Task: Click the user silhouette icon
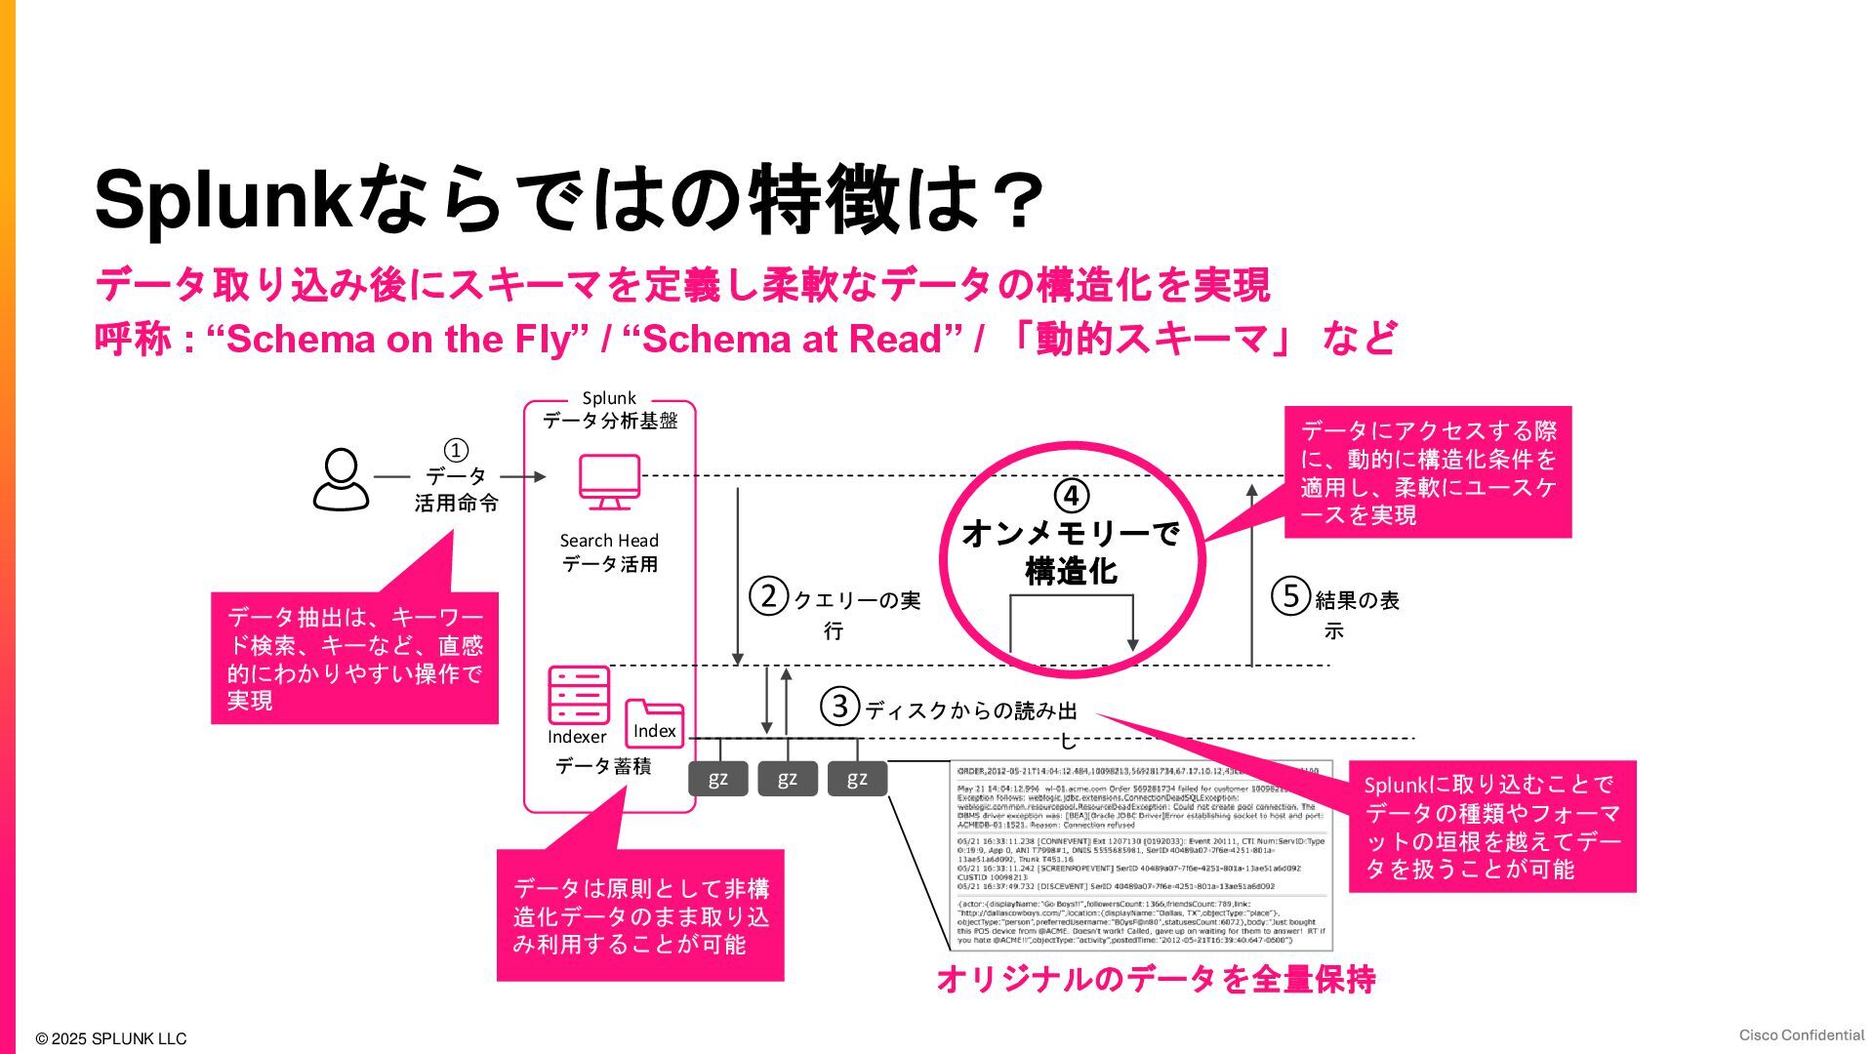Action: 341,479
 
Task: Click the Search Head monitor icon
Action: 609,481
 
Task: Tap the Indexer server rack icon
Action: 578,695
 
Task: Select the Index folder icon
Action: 654,724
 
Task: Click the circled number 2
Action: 768,595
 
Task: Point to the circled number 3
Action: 839,706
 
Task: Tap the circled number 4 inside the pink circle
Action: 1072,496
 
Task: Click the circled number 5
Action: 1290,595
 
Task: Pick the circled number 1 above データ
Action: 456,450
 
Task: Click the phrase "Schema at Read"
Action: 792,340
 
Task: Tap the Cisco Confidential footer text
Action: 1801,1035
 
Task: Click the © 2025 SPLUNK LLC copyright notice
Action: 110,1039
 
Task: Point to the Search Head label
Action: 609,541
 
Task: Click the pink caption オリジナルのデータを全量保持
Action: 1156,979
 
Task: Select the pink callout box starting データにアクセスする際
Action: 1427,472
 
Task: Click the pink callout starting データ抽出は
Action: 354,658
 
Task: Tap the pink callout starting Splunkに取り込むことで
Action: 1491,826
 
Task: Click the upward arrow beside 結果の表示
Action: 1251,576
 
